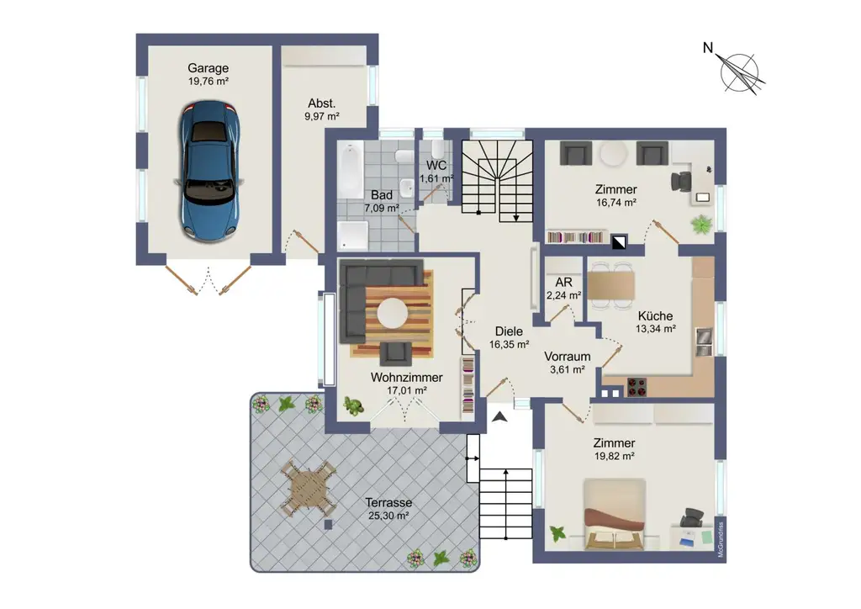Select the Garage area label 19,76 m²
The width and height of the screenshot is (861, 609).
click(209, 82)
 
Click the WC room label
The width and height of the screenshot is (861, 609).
click(436, 165)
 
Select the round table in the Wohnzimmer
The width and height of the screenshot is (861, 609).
click(393, 314)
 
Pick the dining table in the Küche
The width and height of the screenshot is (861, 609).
click(612, 285)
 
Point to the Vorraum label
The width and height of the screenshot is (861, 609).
click(568, 356)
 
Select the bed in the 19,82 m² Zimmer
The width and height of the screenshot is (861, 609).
click(615, 513)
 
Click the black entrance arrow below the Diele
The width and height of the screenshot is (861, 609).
click(500, 417)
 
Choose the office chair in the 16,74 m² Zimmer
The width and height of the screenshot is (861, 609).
click(681, 181)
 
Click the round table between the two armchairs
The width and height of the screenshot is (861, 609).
click(613, 154)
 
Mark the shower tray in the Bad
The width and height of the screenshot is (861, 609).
click(351, 235)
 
